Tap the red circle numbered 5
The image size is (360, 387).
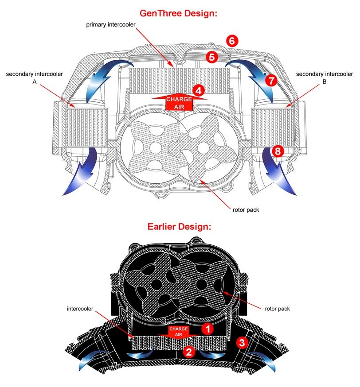pos(211,57)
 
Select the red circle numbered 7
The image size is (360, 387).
pos(271,80)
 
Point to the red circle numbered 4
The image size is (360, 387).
pos(199,90)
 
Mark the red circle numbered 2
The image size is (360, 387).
pos(188,352)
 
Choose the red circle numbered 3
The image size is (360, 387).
pos(242,342)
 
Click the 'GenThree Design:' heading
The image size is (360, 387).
pos(179,13)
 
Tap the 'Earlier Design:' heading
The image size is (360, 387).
pos(179,227)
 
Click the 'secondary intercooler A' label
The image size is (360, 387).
pos(35,78)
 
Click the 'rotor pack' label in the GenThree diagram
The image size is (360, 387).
pos(246,209)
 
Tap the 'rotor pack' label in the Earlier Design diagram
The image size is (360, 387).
pos(277,309)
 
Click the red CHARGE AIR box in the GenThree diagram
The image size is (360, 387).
pos(179,102)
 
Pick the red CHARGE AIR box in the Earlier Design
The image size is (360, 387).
pos(179,332)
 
